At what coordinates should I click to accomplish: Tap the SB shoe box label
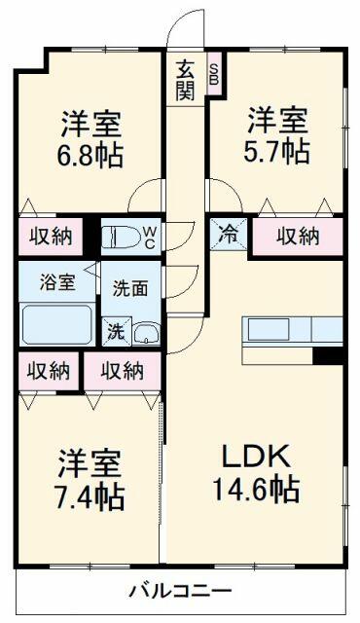click(x=213, y=74)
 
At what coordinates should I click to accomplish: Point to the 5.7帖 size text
click(x=276, y=150)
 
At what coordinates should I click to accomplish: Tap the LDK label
click(x=257, y=456)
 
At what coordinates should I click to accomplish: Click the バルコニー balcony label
click(x=182, y=590)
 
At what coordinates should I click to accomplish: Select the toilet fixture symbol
click(x=122, y=237)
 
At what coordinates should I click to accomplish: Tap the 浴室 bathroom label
click(x=55, y=283)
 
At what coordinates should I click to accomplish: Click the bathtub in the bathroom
click(x=56, y=325)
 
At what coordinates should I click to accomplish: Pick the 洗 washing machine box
click(x=116, y=330)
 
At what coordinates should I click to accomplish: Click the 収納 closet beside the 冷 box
click(x=298, y=236)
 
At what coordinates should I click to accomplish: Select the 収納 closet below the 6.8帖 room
click(x=49, y=235)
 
